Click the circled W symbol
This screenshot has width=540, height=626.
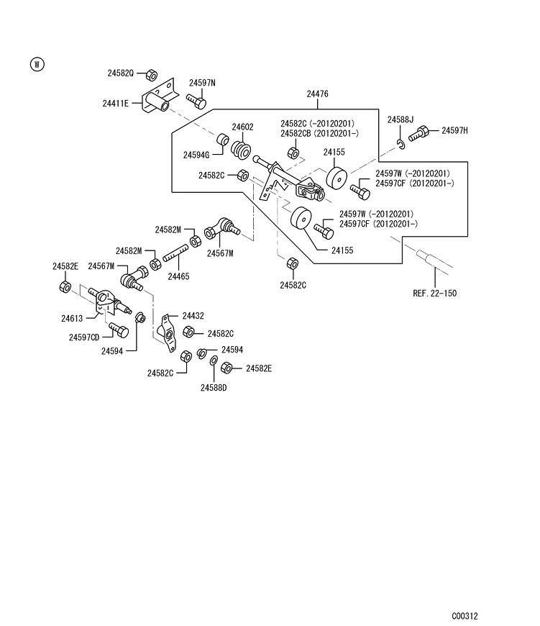pyautogui.click(x=37, y=64)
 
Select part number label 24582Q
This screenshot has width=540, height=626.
pyautogui.click(x=121, y=73)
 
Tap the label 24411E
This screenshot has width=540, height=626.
pyautogui.click(x=116, y=104)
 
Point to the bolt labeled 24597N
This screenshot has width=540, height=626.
pyautogui.click(x=196, y=101)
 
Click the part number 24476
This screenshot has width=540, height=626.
pyautogui.click(x=318, y=94)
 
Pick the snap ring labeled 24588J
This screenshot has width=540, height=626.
pyautogui.click(x=401, y=144)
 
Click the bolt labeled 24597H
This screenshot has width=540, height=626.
pyautogui.click(x=418, y=133)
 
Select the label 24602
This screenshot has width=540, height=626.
pyautogui.click(x=242, y=127)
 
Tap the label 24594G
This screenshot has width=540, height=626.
pyautogui.click(x=196, y=155)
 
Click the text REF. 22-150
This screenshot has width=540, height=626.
pyautogui.click(x=435, y=293)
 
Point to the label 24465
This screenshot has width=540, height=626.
pyautogui.click(x=178, y=276)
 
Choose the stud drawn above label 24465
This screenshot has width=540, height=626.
pyautogui.click(x=175, y=253)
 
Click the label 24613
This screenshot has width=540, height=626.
pyautogui.click(x=72, y=318)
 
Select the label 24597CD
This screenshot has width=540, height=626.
pyautogui.click(x=84, y=337)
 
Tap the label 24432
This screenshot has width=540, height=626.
pyautogui.click(x=193, y=316)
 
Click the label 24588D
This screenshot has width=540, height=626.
pyautogui.click(x=214, y=388)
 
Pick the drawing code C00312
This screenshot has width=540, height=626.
pyautogui.click(x=465, y=616)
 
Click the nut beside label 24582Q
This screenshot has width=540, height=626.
pyautogui.click(x=151, y=75)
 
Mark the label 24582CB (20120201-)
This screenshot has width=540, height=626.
pyautogui.click(x=319, y=133)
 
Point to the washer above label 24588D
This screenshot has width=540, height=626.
pyautogui.click(x=214, y=361)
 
